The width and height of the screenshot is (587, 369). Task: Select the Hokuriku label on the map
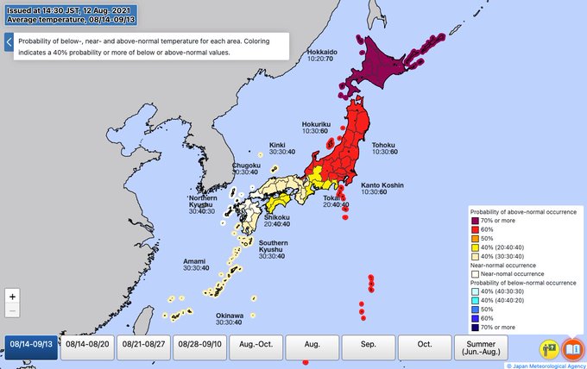click(317, 124)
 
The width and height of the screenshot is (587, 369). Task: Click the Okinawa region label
click(230, 316)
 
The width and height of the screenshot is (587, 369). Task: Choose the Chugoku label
click(246, 165)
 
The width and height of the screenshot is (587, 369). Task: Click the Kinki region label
click(277, 145)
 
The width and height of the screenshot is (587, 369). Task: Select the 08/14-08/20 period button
click(87, 344)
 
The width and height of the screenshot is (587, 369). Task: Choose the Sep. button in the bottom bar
click(367, 344)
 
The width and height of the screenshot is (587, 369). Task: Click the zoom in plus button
click(12, 296)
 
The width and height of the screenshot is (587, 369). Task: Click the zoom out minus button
click(12, 311)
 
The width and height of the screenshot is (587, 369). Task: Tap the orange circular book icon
click(571, 348)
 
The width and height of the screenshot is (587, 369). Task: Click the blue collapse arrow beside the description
click(9, 43)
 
